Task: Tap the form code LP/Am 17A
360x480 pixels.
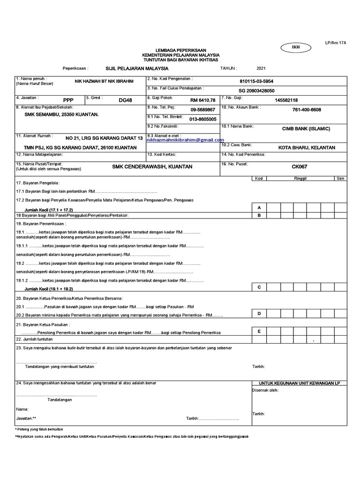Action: (335, 43)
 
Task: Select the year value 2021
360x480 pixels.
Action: (261, 68)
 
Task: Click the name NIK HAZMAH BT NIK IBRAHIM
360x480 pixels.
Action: (104, 81)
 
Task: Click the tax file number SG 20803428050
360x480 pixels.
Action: (256, 90)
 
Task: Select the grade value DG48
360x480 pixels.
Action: (126, 100)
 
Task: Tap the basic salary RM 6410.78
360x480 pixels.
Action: (203, 100)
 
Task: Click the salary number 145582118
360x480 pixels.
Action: (286, 100)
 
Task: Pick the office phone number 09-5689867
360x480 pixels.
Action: (203, 109)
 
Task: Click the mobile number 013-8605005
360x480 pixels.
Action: (203, 119)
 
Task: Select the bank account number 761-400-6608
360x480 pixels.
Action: (307, 109)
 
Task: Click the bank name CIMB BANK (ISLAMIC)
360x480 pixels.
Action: (306, 128)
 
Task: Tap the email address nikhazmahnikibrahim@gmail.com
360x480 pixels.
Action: (185, 140)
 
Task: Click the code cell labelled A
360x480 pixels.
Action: (259, 207)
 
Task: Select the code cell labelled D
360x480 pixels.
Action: (259, 313)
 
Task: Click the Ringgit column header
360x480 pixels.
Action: (300, 179)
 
